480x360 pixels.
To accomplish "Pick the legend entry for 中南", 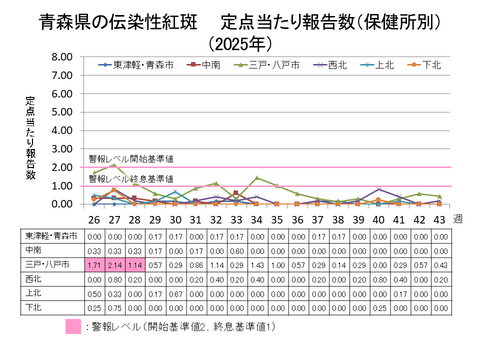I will [206, 66].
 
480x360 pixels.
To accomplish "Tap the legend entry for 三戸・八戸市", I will [266, 66].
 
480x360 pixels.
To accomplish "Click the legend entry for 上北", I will [381, 66].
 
